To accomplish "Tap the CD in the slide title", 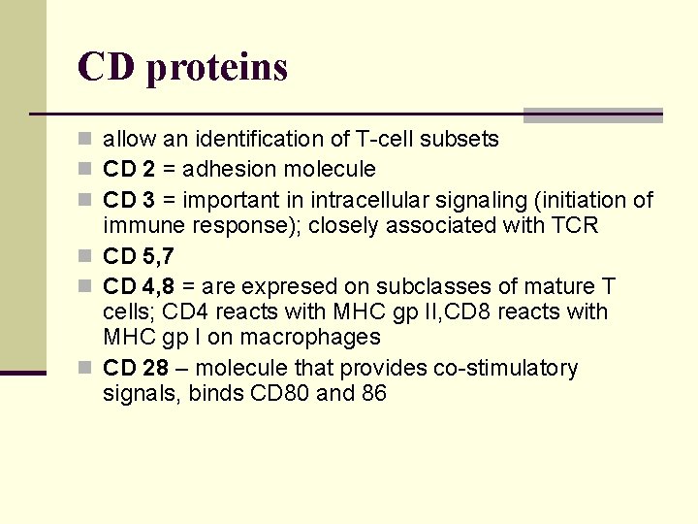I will (105, 66).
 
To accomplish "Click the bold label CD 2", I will (129, 170).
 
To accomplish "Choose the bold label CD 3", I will (129, 201).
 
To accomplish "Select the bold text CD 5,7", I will (138, 257).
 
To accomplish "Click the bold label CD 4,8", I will (138, 287).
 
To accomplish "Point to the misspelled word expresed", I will (285, 287).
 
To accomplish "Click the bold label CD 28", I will (134, 369).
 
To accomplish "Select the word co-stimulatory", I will (509, 369).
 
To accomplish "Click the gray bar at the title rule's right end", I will (592, 115).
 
